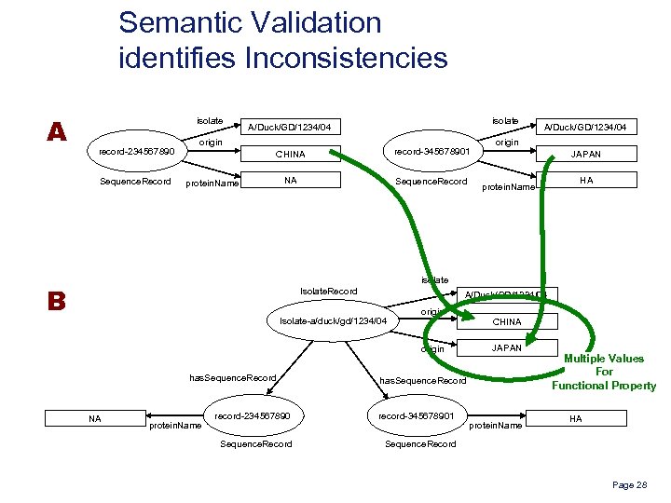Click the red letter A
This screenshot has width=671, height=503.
tap(57, 132)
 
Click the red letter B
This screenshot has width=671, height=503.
tap(57, 302)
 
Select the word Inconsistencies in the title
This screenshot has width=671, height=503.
tap(345, 58)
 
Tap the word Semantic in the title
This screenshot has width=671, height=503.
tap(186, 22)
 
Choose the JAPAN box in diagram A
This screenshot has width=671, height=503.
tap(585, 155)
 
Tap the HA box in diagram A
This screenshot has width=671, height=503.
tap(585, 181)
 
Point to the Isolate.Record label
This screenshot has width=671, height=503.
tap(328, 292)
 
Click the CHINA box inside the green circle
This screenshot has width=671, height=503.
tap(507, 322)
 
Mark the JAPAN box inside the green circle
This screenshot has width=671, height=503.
tap(507, 348)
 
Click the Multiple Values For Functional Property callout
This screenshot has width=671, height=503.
tap(604, 372)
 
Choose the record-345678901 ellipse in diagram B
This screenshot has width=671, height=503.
tap(418, 415)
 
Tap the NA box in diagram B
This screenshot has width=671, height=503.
tap(94, 419)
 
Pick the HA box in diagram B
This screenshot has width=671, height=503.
tap(575, 419)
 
